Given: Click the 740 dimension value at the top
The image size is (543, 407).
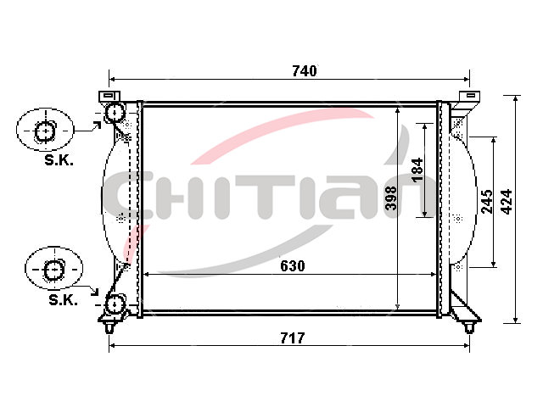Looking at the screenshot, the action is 304,71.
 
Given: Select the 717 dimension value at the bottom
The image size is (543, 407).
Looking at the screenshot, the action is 293,338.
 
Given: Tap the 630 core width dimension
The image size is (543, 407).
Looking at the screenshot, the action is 293,265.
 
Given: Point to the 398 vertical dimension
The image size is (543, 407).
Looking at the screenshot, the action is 391,198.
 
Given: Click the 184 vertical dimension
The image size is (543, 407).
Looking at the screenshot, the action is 417,170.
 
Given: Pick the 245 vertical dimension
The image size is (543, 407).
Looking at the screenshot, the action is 487,201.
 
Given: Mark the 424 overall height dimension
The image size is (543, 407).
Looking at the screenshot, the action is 507,202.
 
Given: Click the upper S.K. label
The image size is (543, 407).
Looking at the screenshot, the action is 59,160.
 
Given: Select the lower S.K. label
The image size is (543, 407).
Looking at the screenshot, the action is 63,299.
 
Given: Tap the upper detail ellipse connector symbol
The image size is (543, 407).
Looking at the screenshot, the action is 45,131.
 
